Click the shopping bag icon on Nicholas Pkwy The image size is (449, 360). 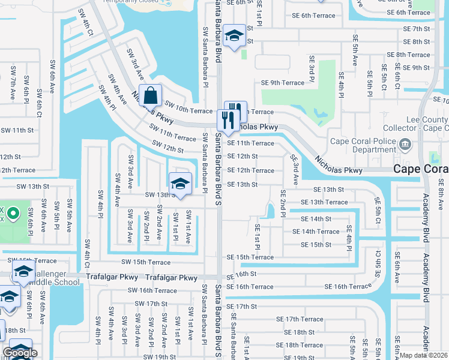tap(151, 95)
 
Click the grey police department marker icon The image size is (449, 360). tap(405, 144)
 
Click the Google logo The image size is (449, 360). tap(20, 353)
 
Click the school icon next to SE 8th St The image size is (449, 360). tap(234, 35)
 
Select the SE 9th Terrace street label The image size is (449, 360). tap(283, 83)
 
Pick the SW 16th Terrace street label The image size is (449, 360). tap(152, 290)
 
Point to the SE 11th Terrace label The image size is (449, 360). tap(250, 143)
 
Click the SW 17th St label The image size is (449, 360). tap(147, 304)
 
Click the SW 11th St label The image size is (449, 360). tap(17, 130)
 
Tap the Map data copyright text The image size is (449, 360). tap(424, 355)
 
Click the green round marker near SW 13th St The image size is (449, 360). tap(14, 213)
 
